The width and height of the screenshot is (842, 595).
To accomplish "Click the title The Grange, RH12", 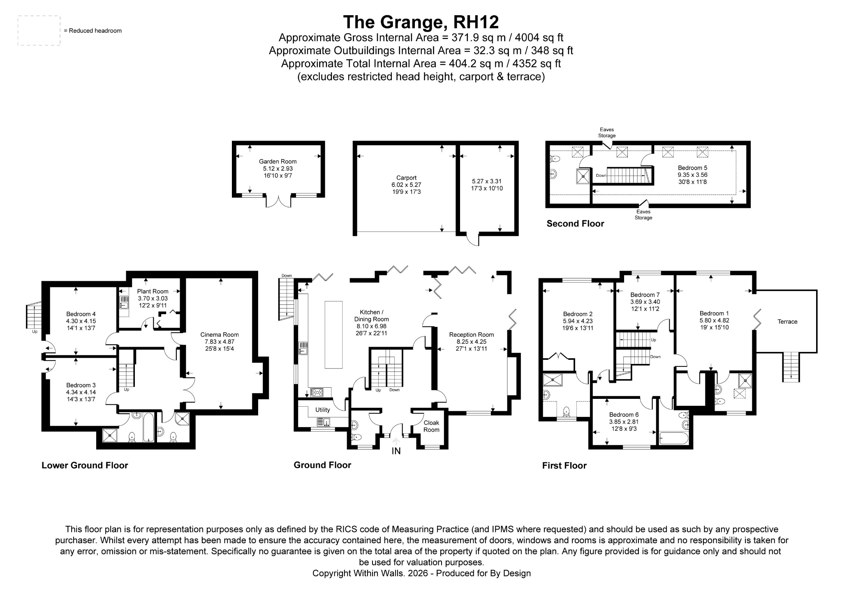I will coord(421,22).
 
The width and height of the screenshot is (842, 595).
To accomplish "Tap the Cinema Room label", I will coord(220,335).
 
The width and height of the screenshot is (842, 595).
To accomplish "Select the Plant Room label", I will coord(153,292).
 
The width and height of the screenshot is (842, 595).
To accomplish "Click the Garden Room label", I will coord(278,162).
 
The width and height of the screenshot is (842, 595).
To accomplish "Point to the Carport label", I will coord(407,178).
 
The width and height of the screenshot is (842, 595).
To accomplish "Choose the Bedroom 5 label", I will coord(693,168).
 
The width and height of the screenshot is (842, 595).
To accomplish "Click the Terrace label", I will coord(787,322).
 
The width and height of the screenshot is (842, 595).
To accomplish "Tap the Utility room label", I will coord(323,410).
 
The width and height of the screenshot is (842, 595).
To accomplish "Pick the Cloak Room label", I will coord(431,426).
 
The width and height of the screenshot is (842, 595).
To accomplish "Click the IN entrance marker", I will coord(396,451).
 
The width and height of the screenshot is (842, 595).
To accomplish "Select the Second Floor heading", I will coord(575,224).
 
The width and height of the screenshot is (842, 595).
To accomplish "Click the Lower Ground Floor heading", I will coord(85,465).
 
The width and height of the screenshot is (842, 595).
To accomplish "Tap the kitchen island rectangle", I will coord(333,335).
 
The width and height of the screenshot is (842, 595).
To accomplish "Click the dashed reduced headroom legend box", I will coord(39,31).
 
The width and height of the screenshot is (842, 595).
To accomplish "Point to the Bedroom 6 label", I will coord(624,414).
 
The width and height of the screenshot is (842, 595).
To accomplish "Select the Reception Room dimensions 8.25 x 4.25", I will coord(471,342).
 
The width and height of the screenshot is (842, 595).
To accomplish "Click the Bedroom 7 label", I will coord(645,295).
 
